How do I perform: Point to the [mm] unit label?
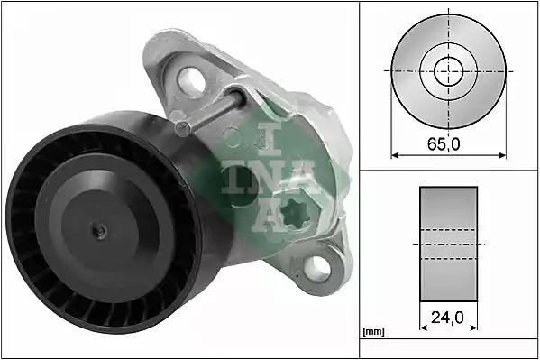point(372,332)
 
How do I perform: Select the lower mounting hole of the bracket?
point(317,266)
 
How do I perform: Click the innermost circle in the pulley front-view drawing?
point(446,70)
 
